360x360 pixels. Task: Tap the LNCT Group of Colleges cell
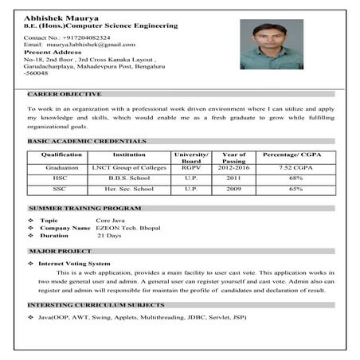[129, 168]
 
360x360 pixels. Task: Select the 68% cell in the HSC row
[294, 178]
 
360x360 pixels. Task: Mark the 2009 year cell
[233, 190]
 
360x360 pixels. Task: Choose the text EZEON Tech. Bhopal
[127, 228]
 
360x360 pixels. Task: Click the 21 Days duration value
[109, 237]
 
